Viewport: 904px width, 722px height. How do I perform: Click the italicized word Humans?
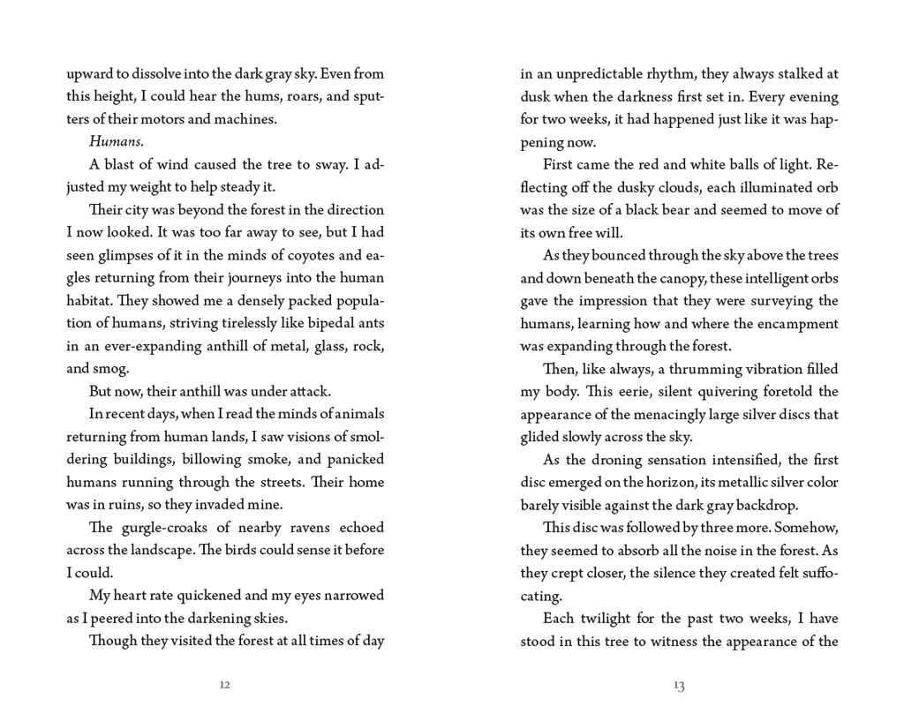114,141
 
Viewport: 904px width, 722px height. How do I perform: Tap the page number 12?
225,686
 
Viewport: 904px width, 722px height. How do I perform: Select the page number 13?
678,686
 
